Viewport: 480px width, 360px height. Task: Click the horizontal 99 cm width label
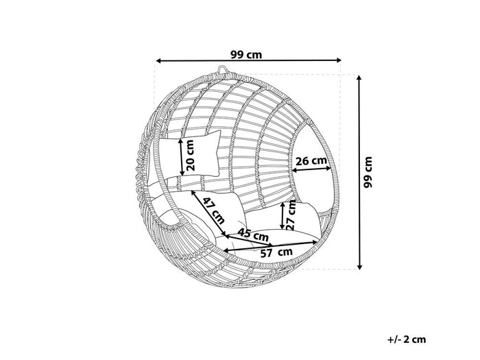248,53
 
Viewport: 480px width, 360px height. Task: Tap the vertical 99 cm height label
369,171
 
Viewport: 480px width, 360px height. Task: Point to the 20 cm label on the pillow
190,156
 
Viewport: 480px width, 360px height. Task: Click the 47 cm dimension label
214,208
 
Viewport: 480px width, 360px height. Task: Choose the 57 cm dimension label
276,252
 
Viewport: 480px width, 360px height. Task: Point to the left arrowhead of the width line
158,60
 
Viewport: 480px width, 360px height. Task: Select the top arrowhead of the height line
359,77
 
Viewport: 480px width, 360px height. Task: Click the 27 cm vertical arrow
282,216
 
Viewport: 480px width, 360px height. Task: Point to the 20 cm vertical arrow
180,156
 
